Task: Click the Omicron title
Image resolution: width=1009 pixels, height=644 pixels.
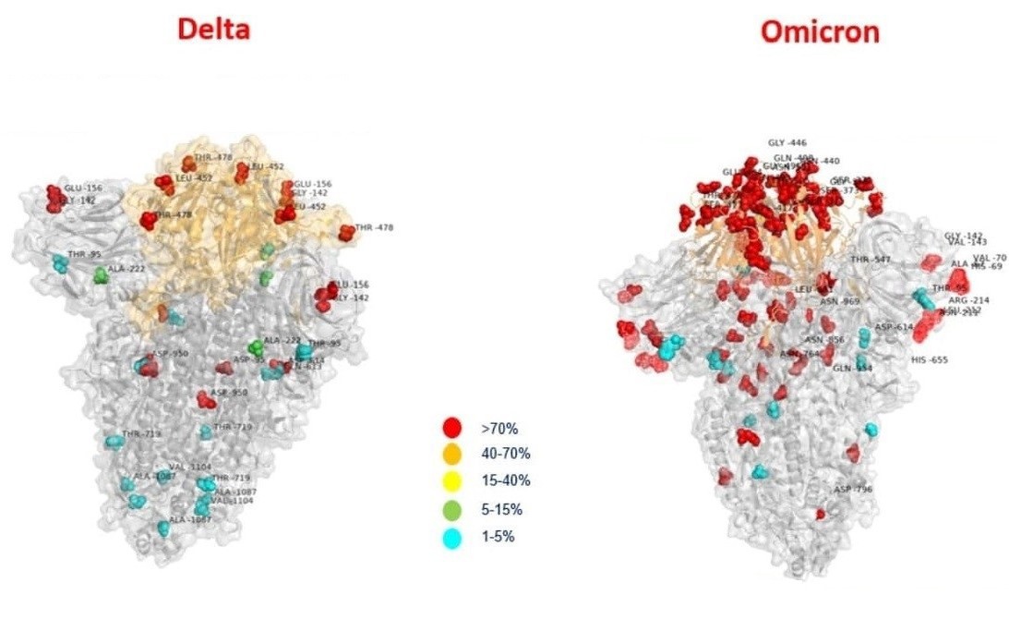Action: click(820, 32)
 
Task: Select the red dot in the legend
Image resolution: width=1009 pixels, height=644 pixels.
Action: click(451, 427)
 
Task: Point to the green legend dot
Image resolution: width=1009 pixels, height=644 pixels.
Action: click(451, 508)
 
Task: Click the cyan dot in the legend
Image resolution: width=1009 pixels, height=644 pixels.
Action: click(451, 537)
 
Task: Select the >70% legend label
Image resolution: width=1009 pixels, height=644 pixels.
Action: click(499, 428)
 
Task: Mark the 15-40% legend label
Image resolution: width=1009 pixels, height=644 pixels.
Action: click(505, 480)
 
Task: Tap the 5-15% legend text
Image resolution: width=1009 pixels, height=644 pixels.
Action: click(502, 509)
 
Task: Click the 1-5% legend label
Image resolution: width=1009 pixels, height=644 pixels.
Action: click(498, 537)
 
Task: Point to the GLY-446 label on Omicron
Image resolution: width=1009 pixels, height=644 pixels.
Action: click(787, 143)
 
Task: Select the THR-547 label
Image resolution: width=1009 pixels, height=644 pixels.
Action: click(871, 260)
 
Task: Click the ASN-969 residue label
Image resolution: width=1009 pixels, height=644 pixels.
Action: click(839, 301)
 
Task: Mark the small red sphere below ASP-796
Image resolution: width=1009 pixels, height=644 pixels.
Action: click(820, 514)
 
